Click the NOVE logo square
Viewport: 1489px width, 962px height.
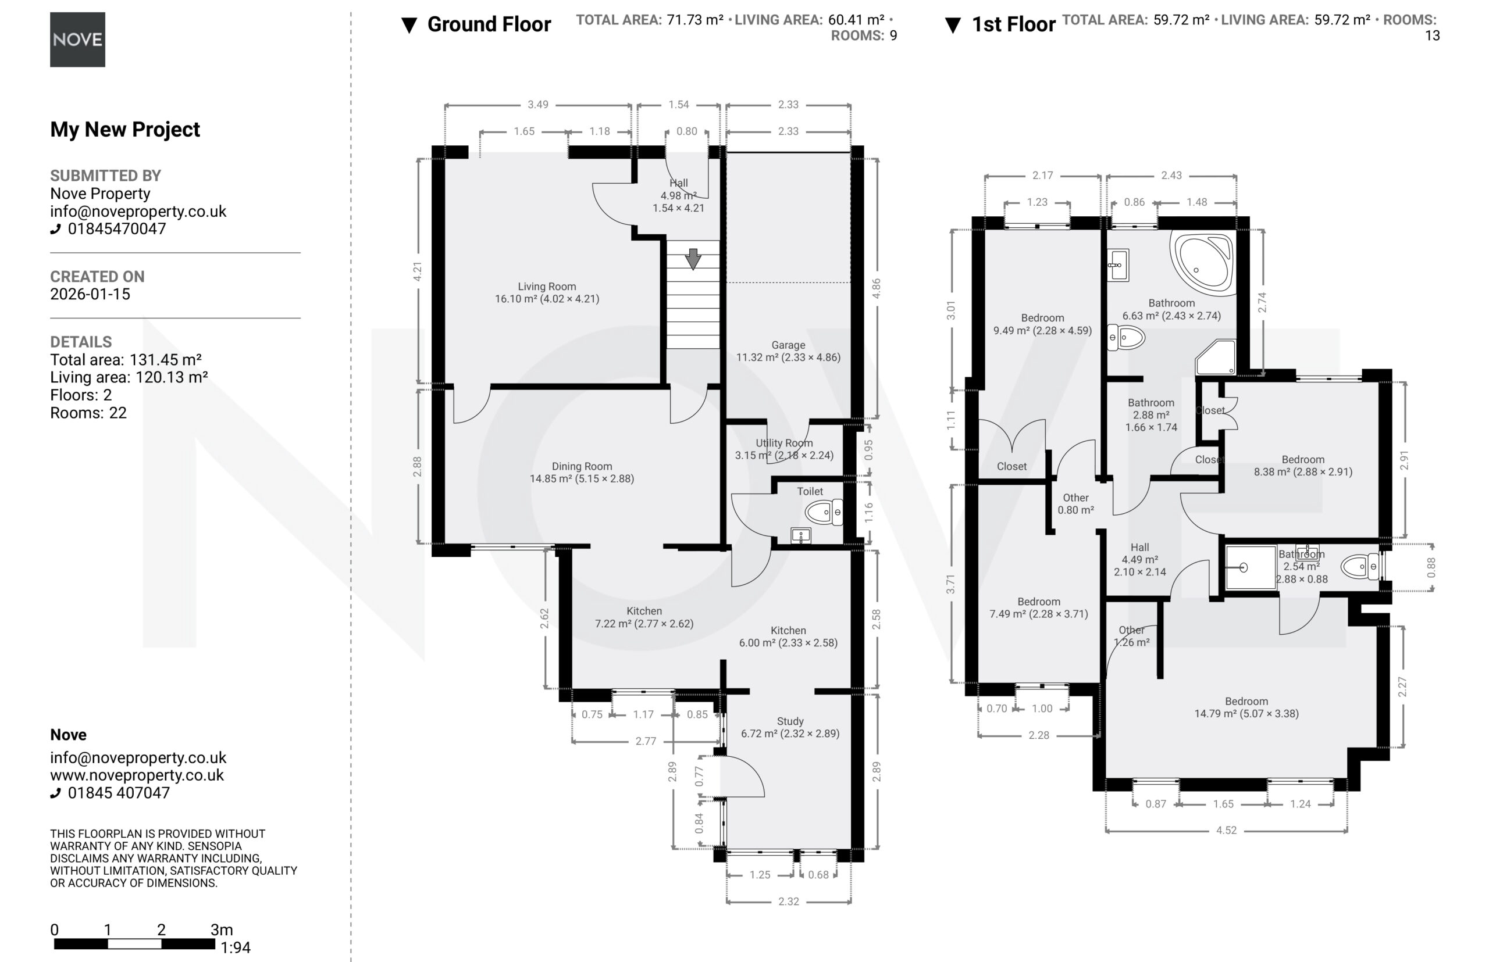click(x=77, y=40)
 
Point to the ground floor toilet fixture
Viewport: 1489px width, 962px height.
click(x=824, y=513)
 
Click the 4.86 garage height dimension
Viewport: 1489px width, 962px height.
click(x=876, y=288)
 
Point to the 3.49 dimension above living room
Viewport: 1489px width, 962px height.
click(x=537, y=104)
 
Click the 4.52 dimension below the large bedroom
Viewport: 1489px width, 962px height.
click(x=1226, y=830)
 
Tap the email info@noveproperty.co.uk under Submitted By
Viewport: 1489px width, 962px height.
click(x=138, y=211)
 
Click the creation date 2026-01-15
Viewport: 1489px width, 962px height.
click(x=90, y=294)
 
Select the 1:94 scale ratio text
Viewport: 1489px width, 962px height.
click(x=235, y=947)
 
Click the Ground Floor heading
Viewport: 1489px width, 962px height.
click(x=489, y=24)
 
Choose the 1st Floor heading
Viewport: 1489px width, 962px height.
click(x=1013, y=24)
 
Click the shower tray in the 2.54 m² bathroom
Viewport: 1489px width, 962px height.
click(x=1250, y=567)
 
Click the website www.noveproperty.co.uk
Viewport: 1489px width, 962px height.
click(x=137, y=775)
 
